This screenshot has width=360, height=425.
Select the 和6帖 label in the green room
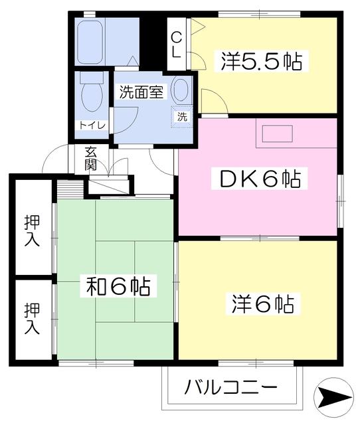pyautogui.click(x=118, y=287)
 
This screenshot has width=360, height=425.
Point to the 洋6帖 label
pyautogui.click(x=262, y=304)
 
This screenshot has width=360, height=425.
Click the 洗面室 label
pyautogui.click(x=141, y=92)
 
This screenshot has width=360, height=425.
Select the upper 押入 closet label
pyautogui.click(x=32, y=229)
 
